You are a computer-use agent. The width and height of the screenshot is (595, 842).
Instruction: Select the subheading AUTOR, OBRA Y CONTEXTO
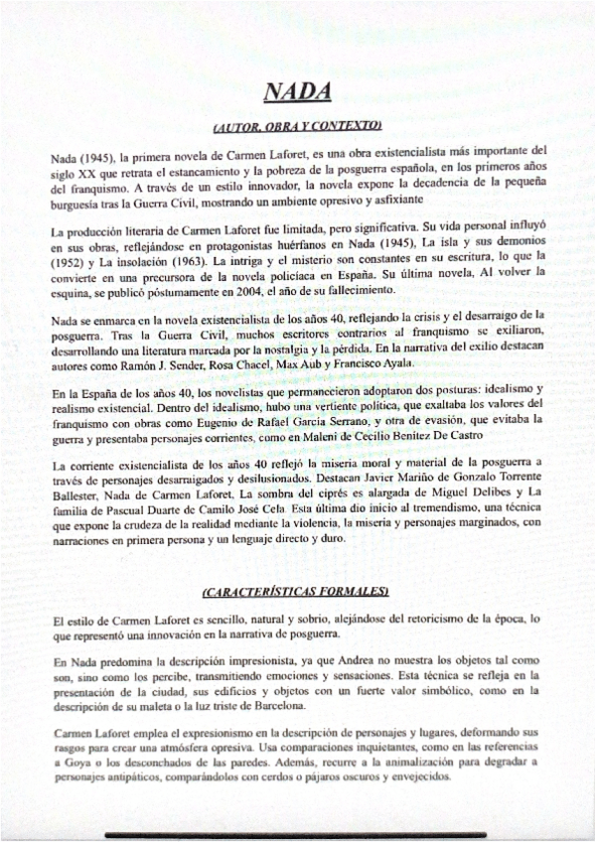pyautogui.click(x=297, y=126)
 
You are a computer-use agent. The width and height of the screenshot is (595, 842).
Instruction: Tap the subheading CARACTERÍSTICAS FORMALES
pyautogui.click(x=296, y=592)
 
